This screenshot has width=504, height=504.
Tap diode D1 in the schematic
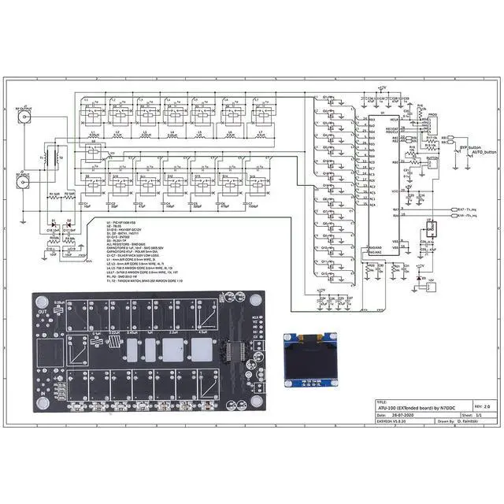pyautogui.click(x=53, y=228)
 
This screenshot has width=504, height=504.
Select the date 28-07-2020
pyautogui.click(x=403, y=413)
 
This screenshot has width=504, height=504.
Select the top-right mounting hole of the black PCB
pyautogui.click(x=254, y=301)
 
